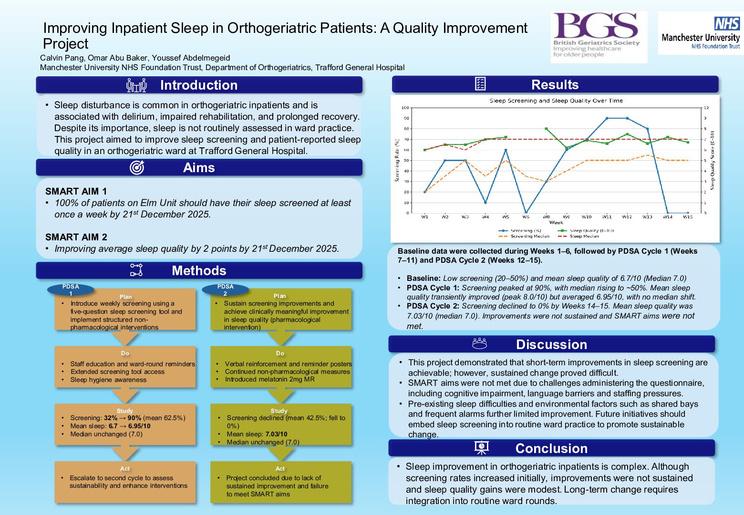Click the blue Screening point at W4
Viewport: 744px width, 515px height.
pos(486,203)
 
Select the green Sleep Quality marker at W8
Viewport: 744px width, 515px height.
pos(546,129)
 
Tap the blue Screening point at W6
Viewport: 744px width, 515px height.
pos(526,213)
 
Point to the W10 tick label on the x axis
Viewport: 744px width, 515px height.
pos(587,217)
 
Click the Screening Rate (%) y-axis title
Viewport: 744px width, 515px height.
pos(397,160)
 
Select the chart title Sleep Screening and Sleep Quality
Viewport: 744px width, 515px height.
pos(556,101)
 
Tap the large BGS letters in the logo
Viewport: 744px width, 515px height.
pos(595,27)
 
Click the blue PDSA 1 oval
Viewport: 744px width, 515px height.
pos(71,289)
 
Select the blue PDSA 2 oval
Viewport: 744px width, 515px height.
pos(225,289)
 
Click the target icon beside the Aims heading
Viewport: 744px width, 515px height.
pos(137,167)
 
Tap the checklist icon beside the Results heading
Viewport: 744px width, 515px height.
pos(480,84)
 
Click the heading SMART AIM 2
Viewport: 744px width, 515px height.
pos(76,237)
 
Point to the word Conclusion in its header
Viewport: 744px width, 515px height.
pos(551,448)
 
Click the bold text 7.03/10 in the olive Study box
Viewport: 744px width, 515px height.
pos(276,434)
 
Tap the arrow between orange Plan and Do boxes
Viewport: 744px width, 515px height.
pos(125,338)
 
